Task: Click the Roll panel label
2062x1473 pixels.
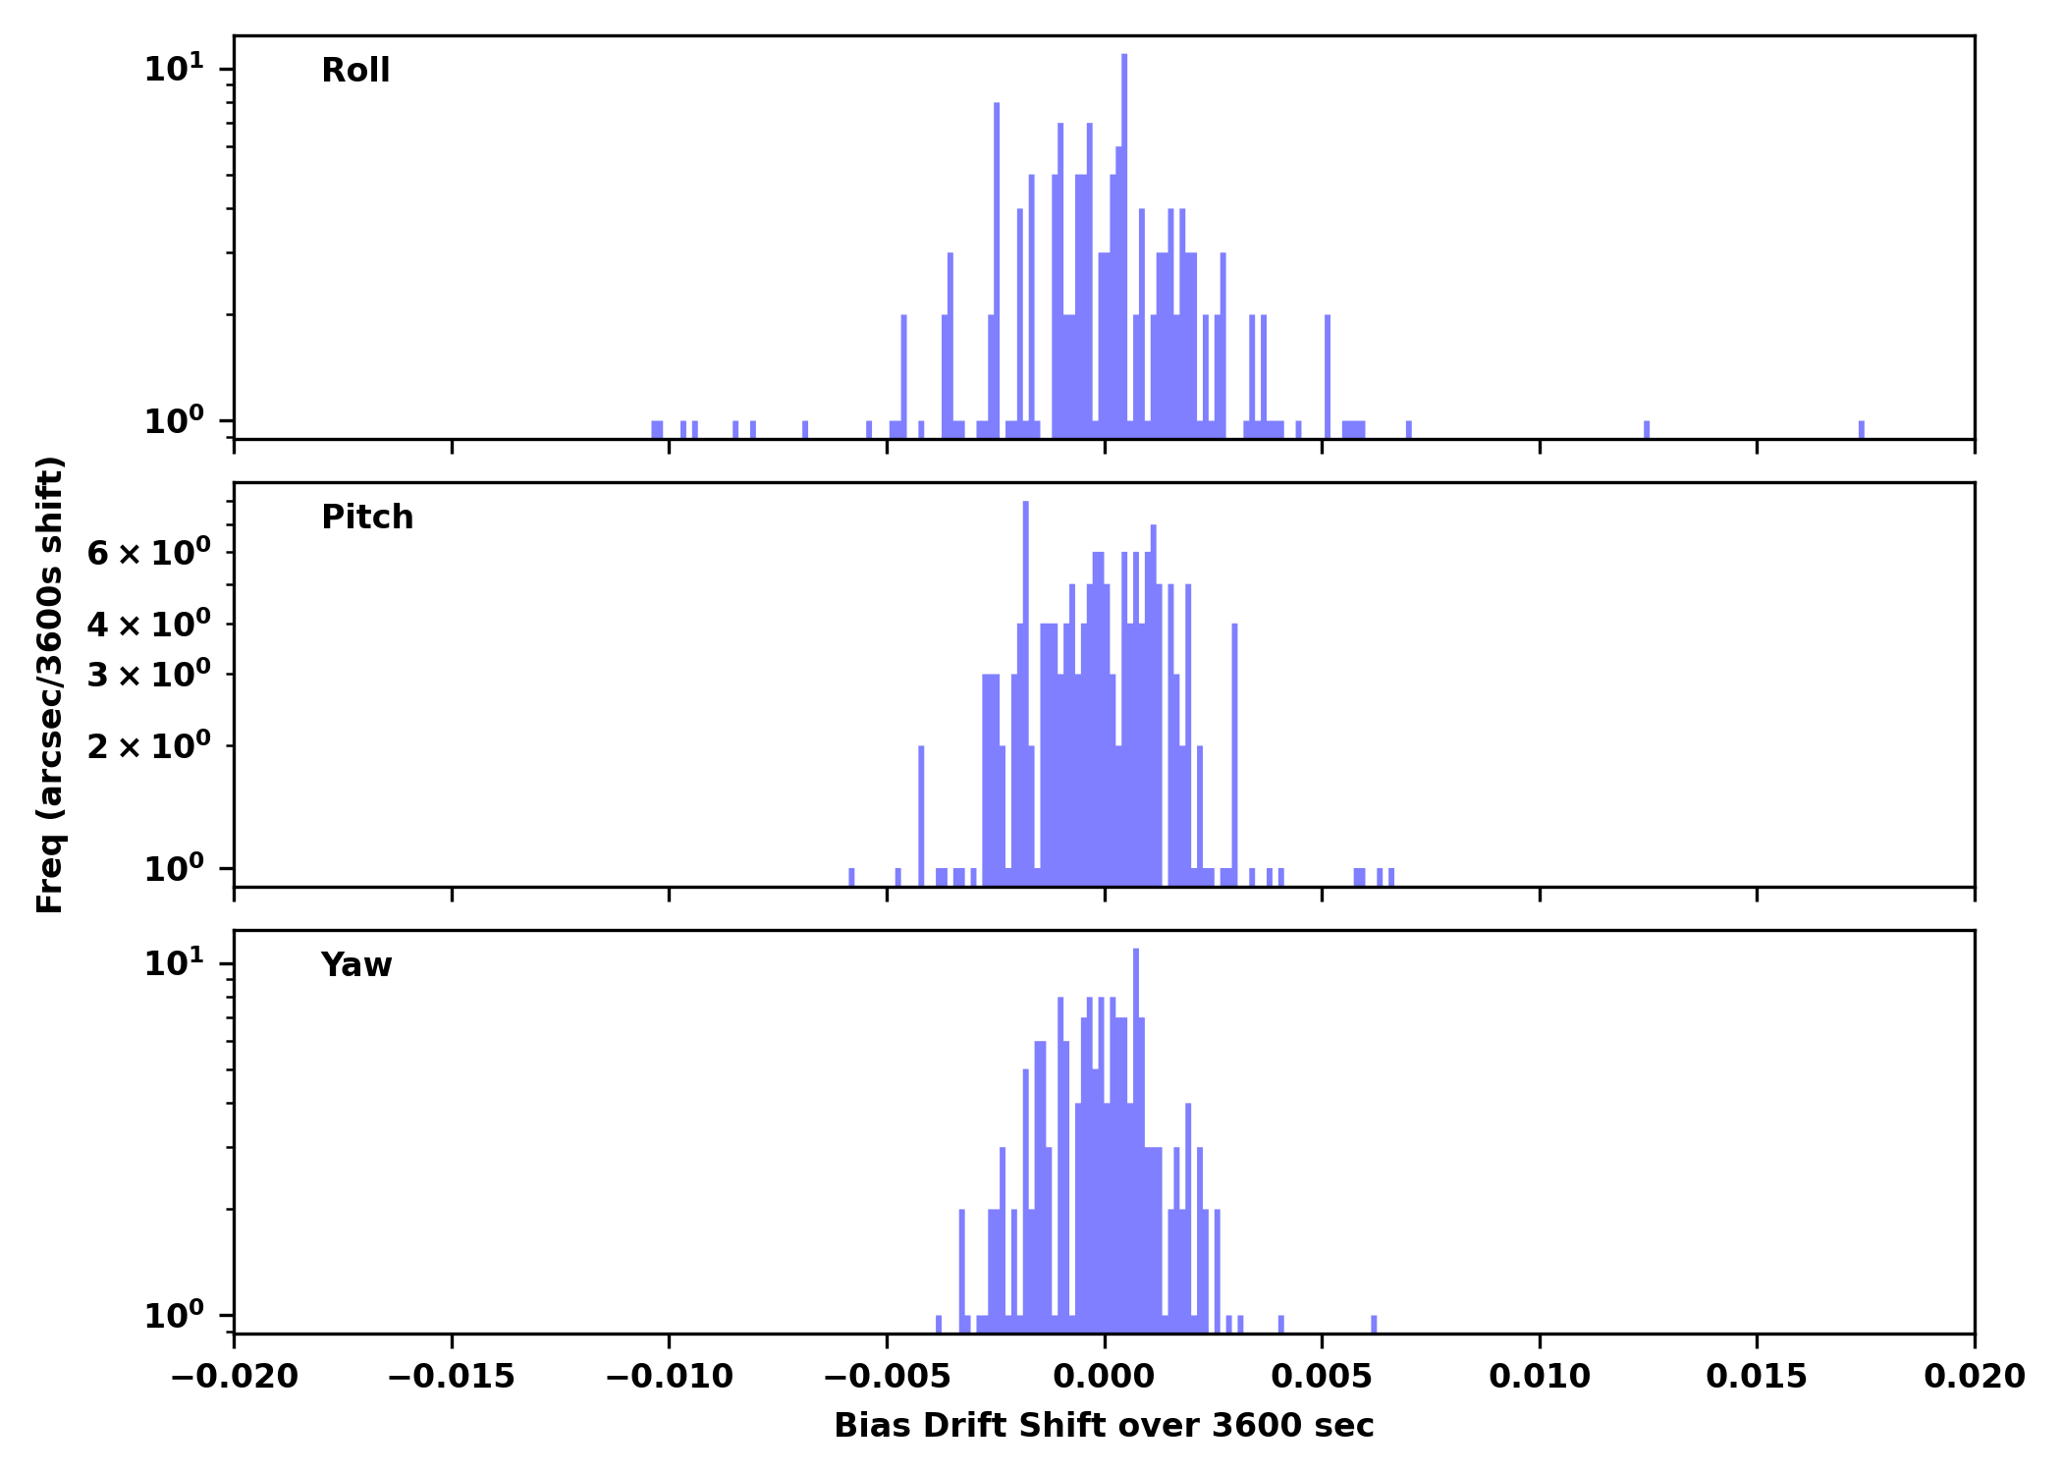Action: point(355,71)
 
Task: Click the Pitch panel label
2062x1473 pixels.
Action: point(367,518)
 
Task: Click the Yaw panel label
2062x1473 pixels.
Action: point(356,965)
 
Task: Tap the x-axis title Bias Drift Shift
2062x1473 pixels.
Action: point(1104,1426)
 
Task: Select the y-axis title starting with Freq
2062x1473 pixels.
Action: point(50,684)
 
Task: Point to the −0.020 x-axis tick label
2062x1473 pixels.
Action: point(234,1377)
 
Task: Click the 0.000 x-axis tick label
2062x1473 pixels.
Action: point(1104,1377)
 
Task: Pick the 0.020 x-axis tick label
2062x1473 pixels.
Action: point(1974,1377)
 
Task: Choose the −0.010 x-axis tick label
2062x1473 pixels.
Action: point(669,1377)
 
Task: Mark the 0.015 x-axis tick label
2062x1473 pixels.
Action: point(1756,1377)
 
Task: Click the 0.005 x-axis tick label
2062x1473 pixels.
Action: point(1322,1377)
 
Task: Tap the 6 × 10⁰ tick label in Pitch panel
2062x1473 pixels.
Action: point(148,553)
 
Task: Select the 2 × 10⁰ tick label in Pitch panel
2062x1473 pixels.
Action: point(148,746)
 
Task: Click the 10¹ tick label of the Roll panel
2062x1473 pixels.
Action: point(175,69)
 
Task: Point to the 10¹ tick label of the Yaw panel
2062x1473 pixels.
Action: point(175,963)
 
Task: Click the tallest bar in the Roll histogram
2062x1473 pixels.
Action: point(1124,245)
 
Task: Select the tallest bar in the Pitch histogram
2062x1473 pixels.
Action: point(1025,687)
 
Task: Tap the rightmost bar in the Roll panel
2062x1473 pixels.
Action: point(1861,429)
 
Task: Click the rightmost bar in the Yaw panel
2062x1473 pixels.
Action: point(1374,1324)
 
